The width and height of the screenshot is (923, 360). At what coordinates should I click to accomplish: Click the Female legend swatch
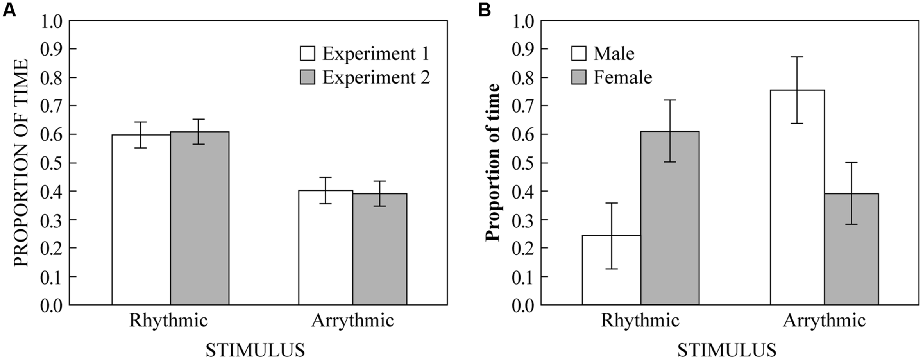coord(579,77)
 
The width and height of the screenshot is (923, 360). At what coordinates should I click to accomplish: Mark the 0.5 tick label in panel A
coord(52,163)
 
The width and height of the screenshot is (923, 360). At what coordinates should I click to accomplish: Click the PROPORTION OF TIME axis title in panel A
coord(21,163)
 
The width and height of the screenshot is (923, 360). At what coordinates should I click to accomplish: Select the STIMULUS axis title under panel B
coord(726,350)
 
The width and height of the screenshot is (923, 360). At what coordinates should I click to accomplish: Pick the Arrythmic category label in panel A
coord(352,321)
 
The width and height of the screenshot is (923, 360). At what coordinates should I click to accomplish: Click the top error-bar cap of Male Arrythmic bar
coord(797,57)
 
